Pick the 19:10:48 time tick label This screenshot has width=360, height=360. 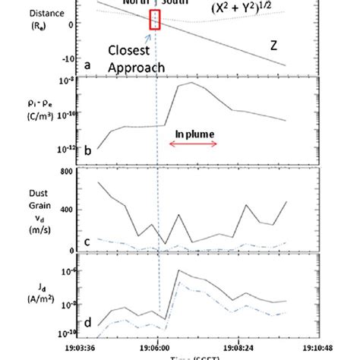(x=318, y=344)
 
